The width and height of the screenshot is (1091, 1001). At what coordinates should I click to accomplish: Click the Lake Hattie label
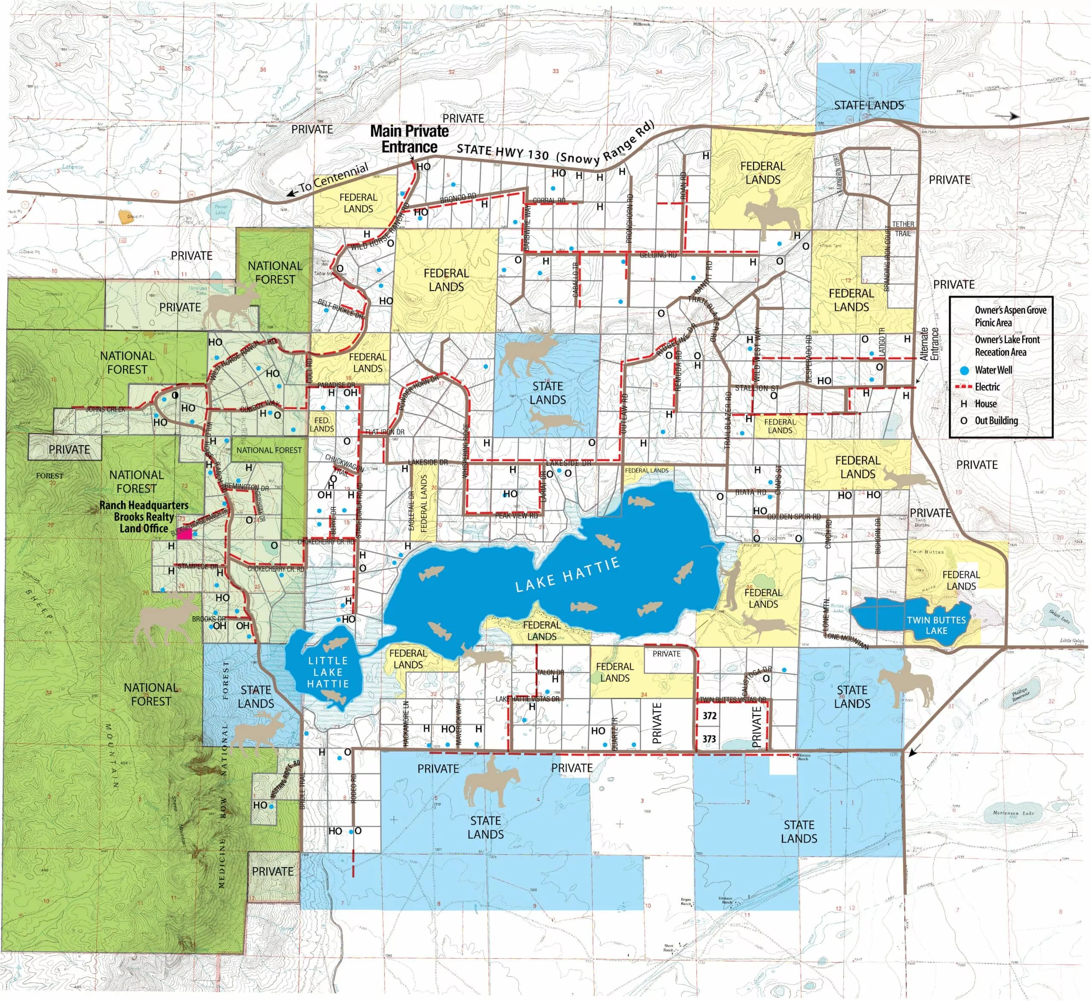[567, 575]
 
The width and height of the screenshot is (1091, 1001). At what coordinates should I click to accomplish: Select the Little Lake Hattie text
[328, 672]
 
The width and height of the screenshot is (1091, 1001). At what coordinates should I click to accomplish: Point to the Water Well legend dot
[964, 370]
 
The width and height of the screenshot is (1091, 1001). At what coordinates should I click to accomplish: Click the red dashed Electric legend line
[964, 387]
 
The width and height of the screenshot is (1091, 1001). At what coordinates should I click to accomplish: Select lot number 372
[709, 715]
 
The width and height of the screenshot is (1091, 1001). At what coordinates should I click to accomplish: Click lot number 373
[709, 739]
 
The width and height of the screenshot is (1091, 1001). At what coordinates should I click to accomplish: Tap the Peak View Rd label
[516, 515]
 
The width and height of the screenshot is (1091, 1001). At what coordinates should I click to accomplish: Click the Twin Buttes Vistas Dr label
[733, 700]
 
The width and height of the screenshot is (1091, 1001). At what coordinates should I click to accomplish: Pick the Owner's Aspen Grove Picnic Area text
[1010, 316]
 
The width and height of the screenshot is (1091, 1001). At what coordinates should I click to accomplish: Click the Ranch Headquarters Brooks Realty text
[144, 517]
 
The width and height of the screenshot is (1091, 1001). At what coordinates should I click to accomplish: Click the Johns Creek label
[105, 410]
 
